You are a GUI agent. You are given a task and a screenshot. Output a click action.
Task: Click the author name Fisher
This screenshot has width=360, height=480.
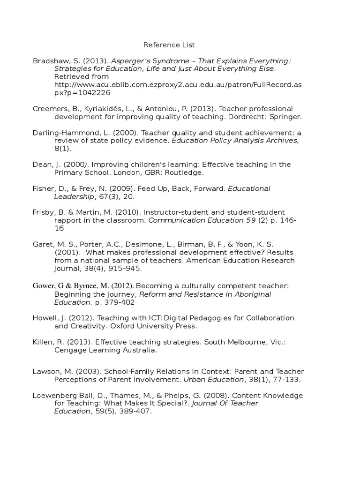44,188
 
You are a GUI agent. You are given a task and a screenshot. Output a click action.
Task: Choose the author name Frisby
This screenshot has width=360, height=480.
44,212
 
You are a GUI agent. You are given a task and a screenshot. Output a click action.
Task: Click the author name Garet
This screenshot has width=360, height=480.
43,244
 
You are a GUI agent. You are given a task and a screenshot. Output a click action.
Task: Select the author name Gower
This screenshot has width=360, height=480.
44,285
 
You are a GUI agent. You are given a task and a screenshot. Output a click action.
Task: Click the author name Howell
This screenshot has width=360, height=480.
45,318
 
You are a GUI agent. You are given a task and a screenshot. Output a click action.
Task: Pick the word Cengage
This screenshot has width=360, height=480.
69,350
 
